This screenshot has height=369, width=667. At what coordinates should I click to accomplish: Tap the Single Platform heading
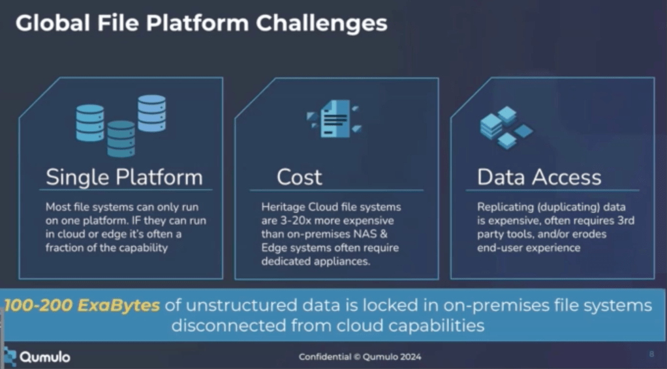[124, 177]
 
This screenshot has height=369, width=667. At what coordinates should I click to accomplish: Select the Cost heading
[299, 177]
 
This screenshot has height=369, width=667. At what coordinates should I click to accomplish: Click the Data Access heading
[539, 177]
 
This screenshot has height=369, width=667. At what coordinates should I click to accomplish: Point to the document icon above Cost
[334, 118]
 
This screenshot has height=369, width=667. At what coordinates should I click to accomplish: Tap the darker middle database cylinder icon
[121, 138]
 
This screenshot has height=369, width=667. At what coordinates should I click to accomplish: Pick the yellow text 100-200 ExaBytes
[82, 305]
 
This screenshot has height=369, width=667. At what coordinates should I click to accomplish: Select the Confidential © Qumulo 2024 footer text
[360, 357]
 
